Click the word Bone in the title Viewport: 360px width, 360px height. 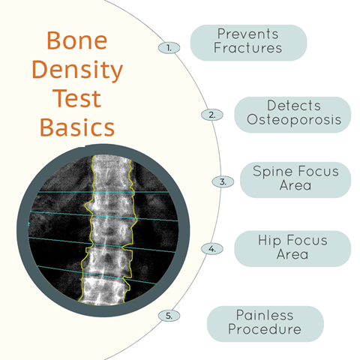(77, 40)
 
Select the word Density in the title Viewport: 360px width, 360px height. (77, 70)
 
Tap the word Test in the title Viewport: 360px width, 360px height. (76, 98)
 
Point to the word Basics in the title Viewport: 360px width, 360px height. (77, 127)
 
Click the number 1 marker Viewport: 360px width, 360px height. (169, 48)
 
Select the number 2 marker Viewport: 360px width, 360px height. (212, 115)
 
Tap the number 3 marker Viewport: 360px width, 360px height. (223, 181)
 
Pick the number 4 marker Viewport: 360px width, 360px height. (212, 249)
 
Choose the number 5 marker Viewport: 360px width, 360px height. (169, 316)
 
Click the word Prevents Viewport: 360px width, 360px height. (247, 34)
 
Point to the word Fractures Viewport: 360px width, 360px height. (247, 48)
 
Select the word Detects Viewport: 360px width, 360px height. (294, 106)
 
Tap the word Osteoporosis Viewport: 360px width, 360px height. (294, 119)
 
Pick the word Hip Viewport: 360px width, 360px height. (269, 240)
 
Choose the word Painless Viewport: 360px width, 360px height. (265, 315)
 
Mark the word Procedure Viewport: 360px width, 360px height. (265, 329)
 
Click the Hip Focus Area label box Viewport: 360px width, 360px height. (292, 249)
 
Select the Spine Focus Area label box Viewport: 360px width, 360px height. (295, 180)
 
